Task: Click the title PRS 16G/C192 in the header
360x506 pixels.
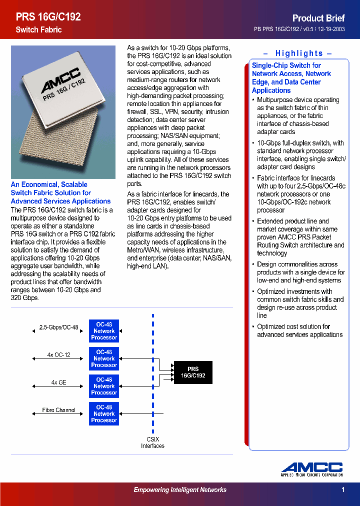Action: coord(48,17)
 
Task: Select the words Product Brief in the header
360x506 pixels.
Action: coord(318,18)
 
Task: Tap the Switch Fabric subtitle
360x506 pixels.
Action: coord(38,30)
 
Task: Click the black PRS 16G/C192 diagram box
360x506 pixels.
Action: coord(193,372)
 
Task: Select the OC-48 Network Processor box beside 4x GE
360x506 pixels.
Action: coord(104,386)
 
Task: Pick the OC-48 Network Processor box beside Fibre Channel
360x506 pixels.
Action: coord(104,413)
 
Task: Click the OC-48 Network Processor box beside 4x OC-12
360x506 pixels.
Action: coord(104,358)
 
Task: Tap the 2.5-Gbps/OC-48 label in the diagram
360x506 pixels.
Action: coord(58,327)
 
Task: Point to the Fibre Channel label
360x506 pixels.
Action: coord(58,410)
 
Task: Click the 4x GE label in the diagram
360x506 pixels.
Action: coord(58,382)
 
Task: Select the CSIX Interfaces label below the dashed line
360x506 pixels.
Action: coord(152,442)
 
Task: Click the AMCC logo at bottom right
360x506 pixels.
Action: coord(311,469)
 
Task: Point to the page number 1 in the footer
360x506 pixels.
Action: coord(343,490)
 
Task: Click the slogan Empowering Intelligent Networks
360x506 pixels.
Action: coord(180,490)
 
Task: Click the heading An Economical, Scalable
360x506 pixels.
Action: coord(49,184)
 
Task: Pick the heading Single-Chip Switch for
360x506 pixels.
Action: coord(286,65)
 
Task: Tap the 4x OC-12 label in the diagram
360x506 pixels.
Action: coord(58,355)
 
